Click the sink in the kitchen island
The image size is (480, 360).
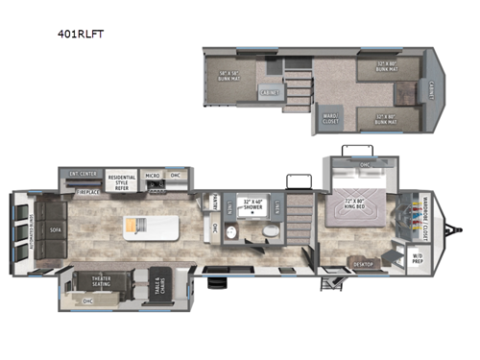pos(140,227)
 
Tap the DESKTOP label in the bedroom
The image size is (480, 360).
pos(363,263)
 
